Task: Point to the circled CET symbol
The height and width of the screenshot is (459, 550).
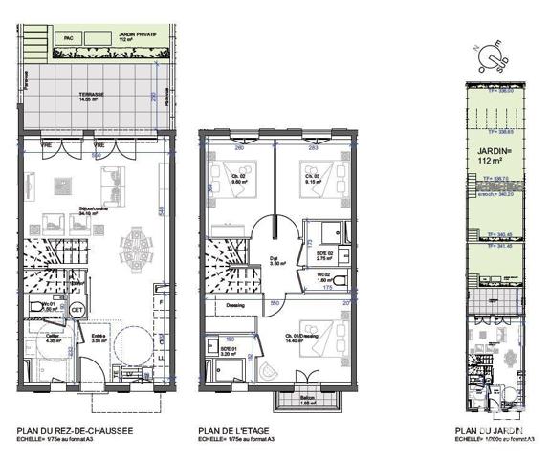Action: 78,310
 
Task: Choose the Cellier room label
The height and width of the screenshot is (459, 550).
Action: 45,337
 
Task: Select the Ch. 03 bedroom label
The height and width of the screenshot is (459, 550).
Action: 311,176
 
